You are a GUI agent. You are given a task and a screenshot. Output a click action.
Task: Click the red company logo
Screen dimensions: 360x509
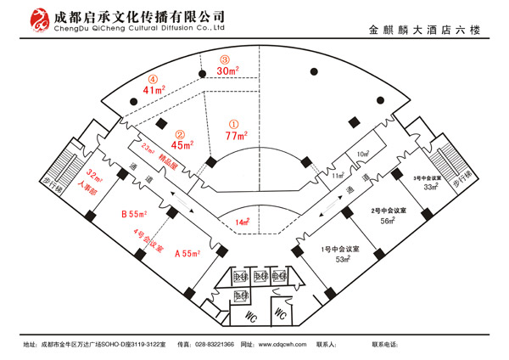[39, 21]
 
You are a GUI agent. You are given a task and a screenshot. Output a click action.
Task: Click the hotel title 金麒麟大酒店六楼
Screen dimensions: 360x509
[427, 31]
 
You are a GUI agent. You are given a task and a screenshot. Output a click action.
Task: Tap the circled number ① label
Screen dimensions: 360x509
[235, 122]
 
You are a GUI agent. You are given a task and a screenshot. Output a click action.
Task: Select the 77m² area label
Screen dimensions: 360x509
[237, 135]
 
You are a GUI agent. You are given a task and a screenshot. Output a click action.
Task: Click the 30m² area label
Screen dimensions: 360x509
[227, 71]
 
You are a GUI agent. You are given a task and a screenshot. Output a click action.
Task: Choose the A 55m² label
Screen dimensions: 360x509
[187, 253]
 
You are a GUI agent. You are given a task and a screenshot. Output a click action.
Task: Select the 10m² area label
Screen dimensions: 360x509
[363, 155]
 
